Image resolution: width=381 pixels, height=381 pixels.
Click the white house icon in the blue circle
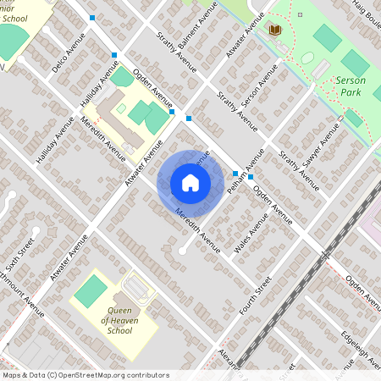(x=190, y=182)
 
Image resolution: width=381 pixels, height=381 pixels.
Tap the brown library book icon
(x=274, y=30)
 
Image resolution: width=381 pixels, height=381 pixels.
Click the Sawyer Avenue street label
(x=323, y=143)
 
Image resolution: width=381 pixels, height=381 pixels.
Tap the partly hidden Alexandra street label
(x=225, y=356)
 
